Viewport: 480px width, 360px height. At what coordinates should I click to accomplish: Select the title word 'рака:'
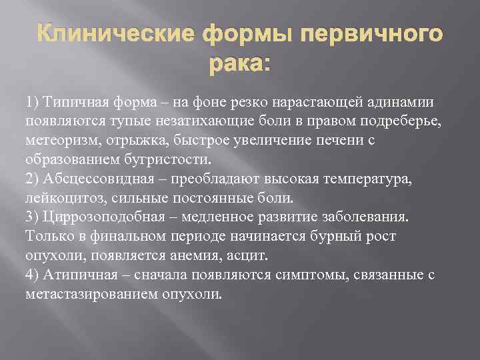click(x=239, y=65)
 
